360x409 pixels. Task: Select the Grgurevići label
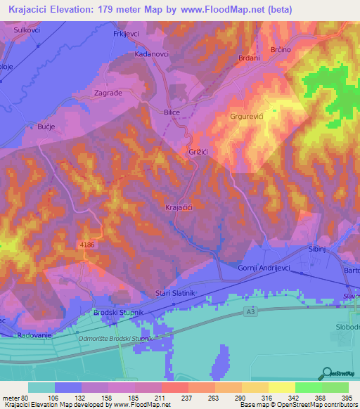247,117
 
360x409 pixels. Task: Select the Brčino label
281,51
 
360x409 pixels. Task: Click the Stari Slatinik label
174,292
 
